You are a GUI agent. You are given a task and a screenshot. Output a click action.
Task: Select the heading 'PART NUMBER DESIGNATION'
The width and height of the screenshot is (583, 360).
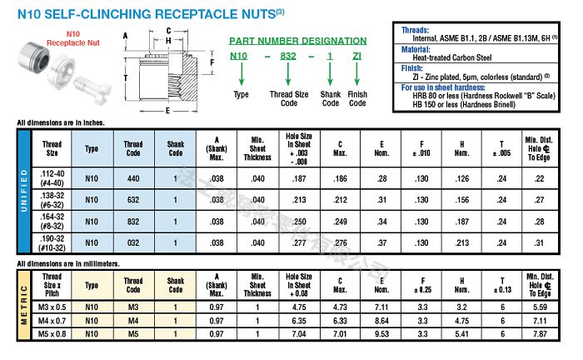pos(297,41)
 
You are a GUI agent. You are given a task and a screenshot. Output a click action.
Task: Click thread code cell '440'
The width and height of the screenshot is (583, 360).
pos(133,179)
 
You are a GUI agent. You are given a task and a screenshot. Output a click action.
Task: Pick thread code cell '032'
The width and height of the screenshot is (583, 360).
pos(133,242)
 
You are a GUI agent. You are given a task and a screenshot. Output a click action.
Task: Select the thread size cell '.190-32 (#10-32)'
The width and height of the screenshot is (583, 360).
pos(51,242)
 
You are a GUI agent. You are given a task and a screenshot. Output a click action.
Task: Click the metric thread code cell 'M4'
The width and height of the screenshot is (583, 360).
pos(133,320)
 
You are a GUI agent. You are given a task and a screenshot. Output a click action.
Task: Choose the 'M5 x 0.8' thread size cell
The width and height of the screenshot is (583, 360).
pos(52,334)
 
